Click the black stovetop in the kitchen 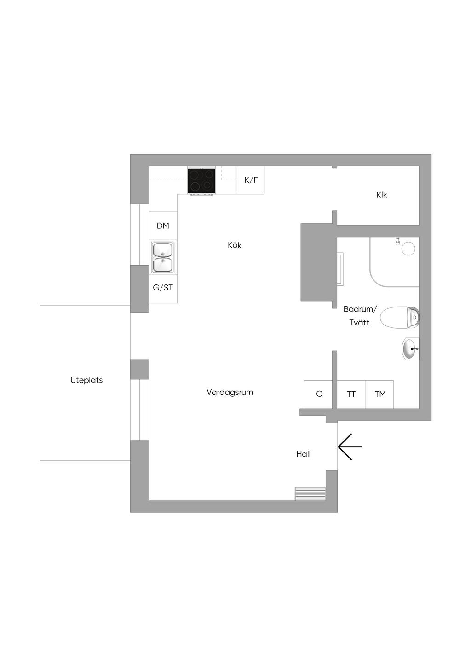(201, 181)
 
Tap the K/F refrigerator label (251, 180)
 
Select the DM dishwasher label (163, 226)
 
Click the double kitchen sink (162, 257)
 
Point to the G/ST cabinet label (163, 288)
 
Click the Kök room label (235, 245)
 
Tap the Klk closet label (381, 195)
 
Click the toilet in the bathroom (400, 318)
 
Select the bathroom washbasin (411, 348)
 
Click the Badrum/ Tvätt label (360, 316)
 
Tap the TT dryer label (351, 394)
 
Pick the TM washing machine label (380, 394)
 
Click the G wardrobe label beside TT (319, 394)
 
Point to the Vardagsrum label (230, 392)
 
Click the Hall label (303, 454)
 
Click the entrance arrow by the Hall (350, 447)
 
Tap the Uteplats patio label (86, 380)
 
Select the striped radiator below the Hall (310, 494)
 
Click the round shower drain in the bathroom (408, 248)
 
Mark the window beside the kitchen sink (139, 235)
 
